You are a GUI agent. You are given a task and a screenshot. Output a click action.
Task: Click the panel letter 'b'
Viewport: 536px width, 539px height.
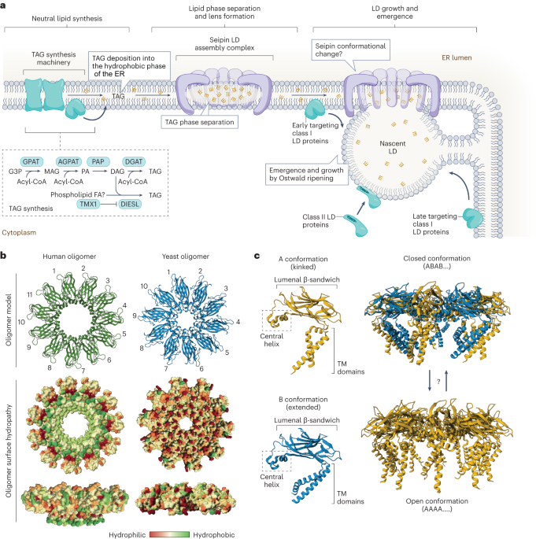click(6, 256)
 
